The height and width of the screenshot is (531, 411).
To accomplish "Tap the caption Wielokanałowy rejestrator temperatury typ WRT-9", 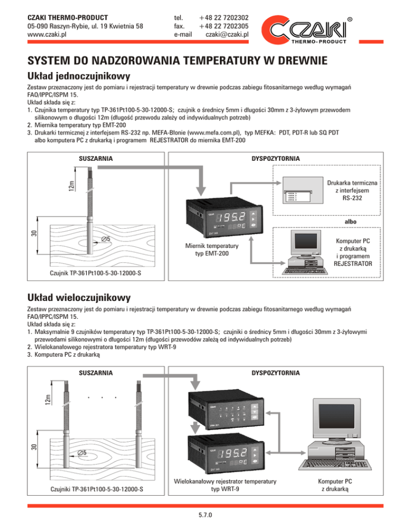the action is click(x=226, y=485).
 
